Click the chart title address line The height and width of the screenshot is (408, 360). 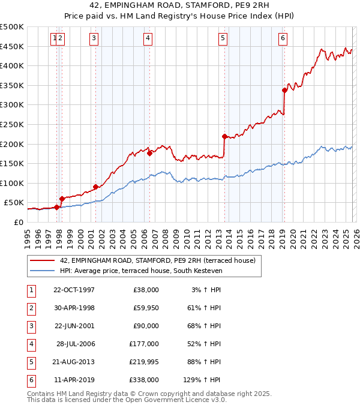point(180,6)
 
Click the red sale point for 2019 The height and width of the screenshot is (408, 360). point(284,90)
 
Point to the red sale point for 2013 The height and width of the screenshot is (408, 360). point(224,136)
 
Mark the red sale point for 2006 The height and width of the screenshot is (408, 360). point(149,153)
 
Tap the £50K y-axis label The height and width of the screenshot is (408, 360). point(14,203)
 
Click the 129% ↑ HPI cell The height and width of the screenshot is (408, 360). point(203,380)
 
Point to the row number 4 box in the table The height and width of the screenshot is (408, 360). point(31,344)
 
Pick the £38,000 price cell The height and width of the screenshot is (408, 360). point(146,290)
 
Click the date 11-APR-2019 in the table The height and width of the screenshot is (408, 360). point(74,380)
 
